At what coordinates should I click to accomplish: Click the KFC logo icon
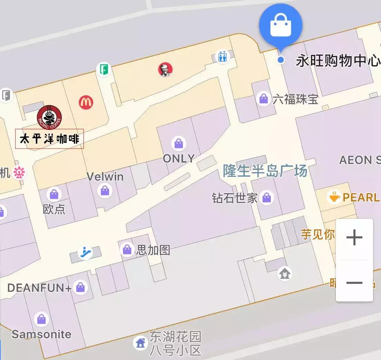[165, 70]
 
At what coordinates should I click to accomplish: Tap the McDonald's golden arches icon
[86, 102]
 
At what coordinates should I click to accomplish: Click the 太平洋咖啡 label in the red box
[49, 139]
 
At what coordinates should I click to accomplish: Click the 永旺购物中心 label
[338, 61]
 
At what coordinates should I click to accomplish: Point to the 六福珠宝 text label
[295, 100]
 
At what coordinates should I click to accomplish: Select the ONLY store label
[179, 158]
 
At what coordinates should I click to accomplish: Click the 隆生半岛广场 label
[265, 171]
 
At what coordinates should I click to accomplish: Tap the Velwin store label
[105, 177]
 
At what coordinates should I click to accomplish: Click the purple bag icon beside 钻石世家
[267, 198]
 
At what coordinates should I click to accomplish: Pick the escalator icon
[85, 253]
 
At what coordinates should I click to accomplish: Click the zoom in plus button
[354, 238]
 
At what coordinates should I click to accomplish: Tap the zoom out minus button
[354, 283]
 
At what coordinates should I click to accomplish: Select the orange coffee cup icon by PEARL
[334, 197]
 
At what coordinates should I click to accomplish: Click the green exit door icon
[103, 69]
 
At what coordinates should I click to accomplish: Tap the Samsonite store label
[41, 334]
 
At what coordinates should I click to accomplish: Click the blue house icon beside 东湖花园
[140, 343]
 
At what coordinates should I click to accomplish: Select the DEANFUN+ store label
[39, 288]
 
